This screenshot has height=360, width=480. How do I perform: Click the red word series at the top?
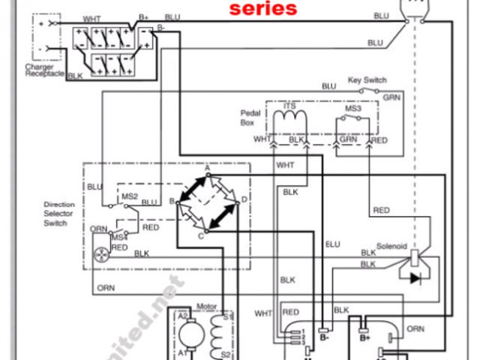(262, 9)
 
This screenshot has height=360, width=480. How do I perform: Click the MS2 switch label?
(130, 196)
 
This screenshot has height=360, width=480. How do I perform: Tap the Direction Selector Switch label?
(59, 214)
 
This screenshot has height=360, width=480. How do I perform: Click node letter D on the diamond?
(244, 199)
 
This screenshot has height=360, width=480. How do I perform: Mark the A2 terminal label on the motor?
(182, 316)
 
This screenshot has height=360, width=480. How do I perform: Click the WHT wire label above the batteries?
(92, 19)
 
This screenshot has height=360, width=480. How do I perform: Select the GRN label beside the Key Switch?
(391, 97)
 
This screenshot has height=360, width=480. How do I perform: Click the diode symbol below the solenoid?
(413, 277)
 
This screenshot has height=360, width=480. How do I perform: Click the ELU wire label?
(332, 244)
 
